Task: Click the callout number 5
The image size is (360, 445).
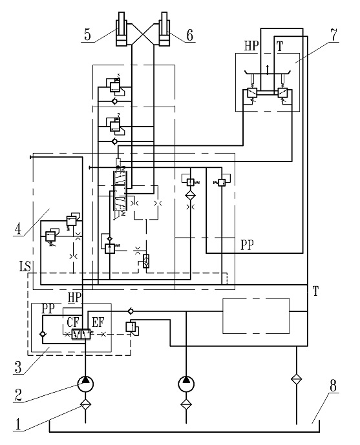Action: [x=87, y=35]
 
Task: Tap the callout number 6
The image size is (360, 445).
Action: [x=189, y=35]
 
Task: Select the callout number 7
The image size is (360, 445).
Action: [x=334, y=35]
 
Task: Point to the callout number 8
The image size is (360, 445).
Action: [x=333, y=386]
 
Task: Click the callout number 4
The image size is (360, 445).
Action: [x=18, y=229]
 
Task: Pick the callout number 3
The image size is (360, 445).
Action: [x=18, y=367]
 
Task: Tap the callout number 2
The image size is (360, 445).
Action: [x=18, y=395]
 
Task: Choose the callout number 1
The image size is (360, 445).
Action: [x=17, y=424]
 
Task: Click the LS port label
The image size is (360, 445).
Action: [x=25, y=267]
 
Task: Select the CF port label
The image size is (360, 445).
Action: [x=73, y=322]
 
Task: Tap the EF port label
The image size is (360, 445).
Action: [x=98, y=322]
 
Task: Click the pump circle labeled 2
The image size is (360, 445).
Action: [x=85, y=384]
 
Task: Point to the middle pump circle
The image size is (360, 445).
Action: [x=186, y=384]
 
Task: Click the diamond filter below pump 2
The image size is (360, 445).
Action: [x=85, y=404]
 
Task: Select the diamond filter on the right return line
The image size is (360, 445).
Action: [x=296, y=378]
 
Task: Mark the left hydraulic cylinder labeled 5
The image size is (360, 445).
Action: [x=122, y=29]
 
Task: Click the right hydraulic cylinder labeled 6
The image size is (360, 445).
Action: [x=164, y=29]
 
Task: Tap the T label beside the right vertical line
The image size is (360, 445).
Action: [x=315, y=291]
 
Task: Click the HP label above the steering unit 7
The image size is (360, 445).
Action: [x=251, y=46]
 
